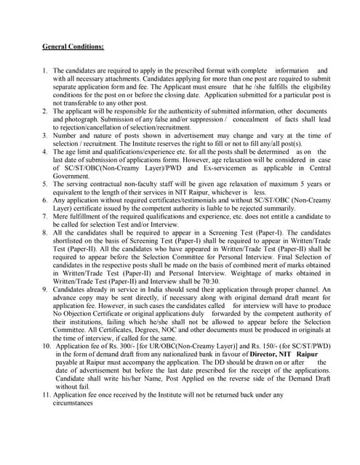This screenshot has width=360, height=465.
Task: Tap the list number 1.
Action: coord(45,71)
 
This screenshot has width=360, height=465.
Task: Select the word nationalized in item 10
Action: coord(164,354)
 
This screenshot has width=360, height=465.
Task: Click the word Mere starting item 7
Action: coord(62,217)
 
